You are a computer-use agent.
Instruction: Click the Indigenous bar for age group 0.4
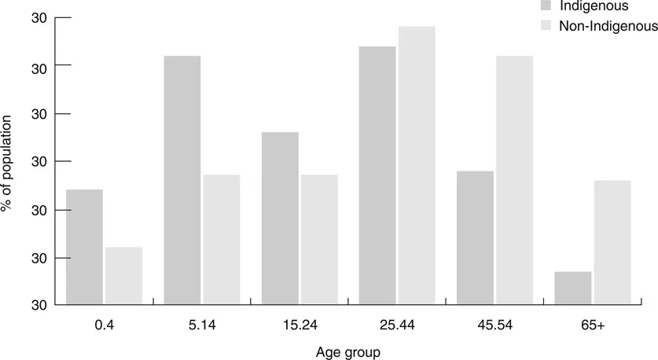click(x=84, y=247)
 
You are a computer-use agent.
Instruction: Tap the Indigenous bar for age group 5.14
click(x=182, y=180)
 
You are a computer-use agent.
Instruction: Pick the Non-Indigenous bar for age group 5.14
click(x=221, y=239)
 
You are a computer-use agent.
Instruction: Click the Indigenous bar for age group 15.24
click(x=280, y=218)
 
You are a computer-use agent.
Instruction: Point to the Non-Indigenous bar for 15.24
click(x=319, y=239)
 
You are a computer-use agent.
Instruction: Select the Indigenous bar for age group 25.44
click(x=377, y=175)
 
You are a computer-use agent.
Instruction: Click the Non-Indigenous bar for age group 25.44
click(x=417, y=165)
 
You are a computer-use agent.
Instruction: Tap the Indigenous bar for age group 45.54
click(x=475, y=237)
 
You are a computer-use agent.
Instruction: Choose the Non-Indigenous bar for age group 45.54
click(x=514, y=180)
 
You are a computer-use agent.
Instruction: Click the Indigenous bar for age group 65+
click(x=572, y=288)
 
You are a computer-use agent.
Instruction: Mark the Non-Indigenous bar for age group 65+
click(x=612, y=242)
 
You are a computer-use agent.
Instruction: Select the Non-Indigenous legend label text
click(x=608, y=26)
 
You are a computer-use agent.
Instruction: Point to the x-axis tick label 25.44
click(x=397, y=322)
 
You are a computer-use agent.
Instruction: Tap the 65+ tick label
click(x=592, y=322)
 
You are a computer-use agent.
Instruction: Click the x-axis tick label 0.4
click(x=104, y=322)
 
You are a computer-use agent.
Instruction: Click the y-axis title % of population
click(x=7, y=162)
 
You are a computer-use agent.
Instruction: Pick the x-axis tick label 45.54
click(x=494, y=322)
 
